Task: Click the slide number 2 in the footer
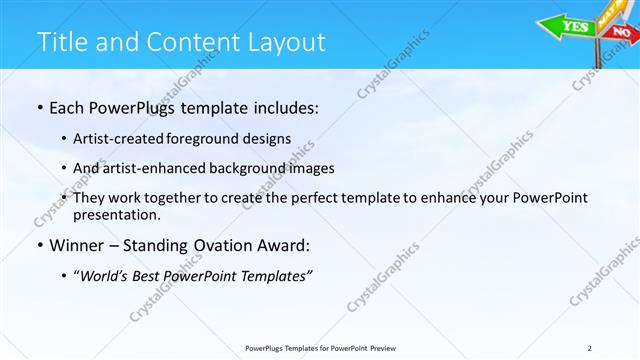[591, 348]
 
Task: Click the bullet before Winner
[39, 245]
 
